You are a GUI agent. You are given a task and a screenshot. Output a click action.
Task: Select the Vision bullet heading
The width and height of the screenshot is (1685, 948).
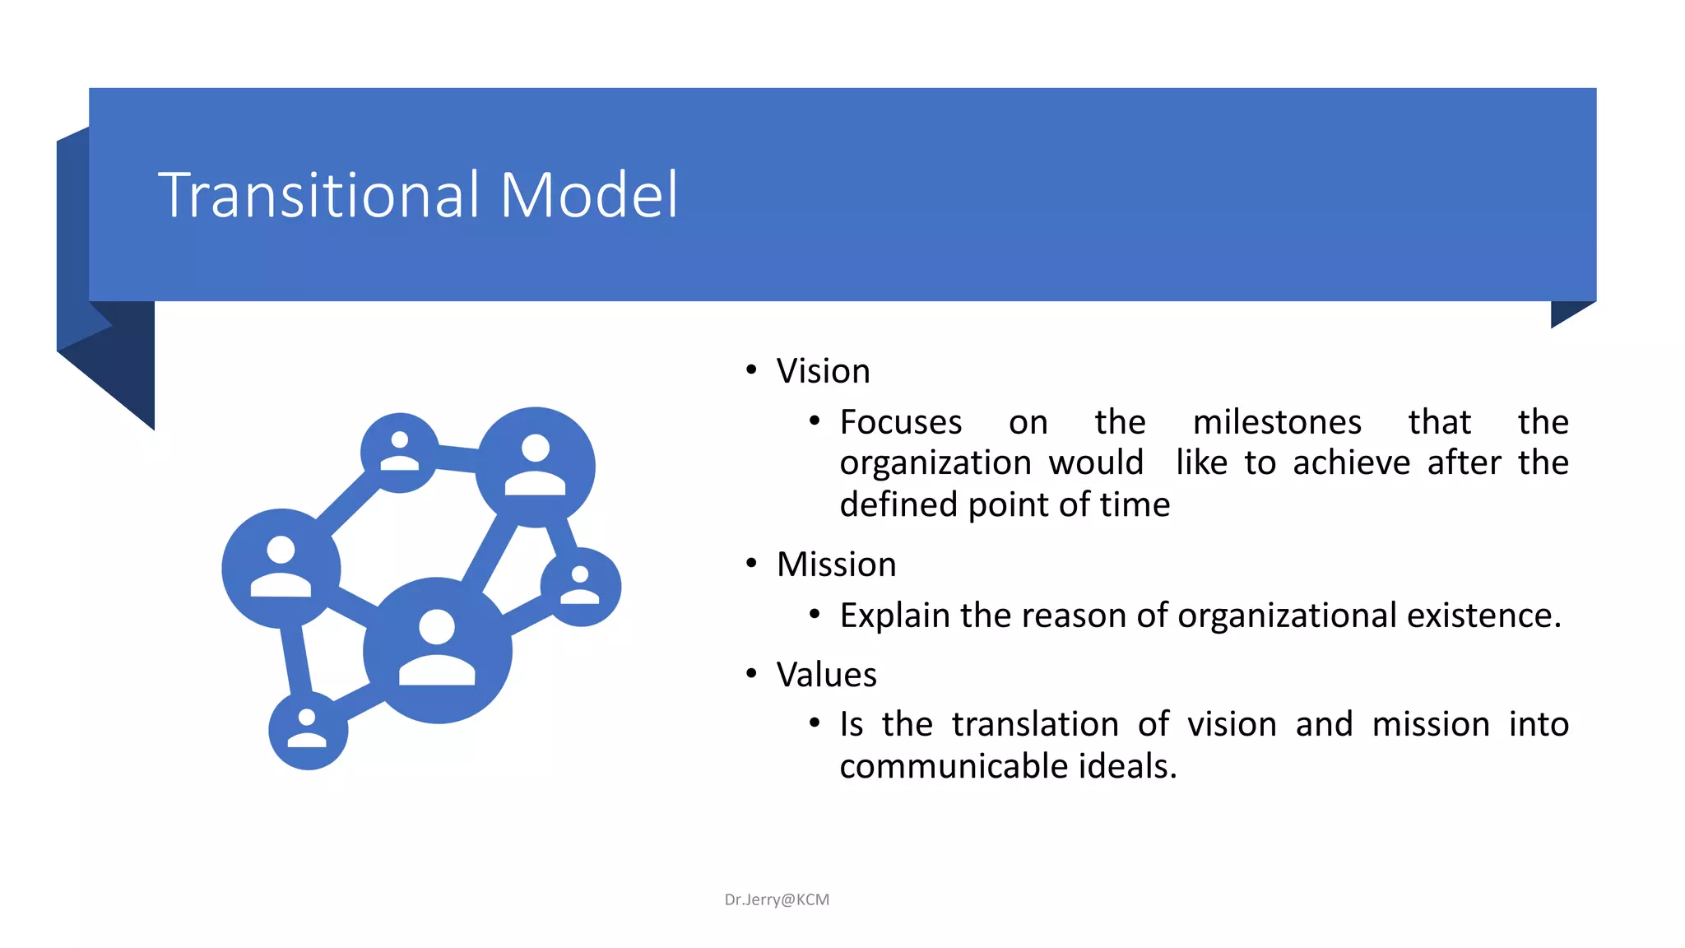pos(823,371)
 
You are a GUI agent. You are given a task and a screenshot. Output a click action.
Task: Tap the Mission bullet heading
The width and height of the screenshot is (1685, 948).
pos(836,565)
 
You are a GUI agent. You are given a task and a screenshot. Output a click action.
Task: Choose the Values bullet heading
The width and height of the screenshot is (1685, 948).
pos(826,675)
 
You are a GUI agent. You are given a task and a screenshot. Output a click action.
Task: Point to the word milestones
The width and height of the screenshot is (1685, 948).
pos(1277,422)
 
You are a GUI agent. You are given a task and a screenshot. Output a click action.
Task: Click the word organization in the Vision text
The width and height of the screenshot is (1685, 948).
pos(935,463)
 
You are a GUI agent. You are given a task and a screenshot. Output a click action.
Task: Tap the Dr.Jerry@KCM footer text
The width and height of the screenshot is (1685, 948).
pos(777,899)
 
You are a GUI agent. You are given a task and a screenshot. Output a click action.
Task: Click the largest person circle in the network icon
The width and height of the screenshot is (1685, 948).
pos(437,650)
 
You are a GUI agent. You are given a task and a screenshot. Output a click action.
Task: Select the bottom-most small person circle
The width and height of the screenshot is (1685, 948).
pos(308,730)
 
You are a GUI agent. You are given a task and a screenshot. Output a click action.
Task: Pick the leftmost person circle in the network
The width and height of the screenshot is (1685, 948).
pos(281,568)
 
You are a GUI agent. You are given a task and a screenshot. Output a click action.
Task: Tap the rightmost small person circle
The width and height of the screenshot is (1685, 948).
pos(581,586)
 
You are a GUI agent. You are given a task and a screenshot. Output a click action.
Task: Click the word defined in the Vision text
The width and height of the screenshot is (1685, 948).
pos(898,504)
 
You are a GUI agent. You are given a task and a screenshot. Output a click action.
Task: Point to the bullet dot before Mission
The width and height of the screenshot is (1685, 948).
pos(750,564)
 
